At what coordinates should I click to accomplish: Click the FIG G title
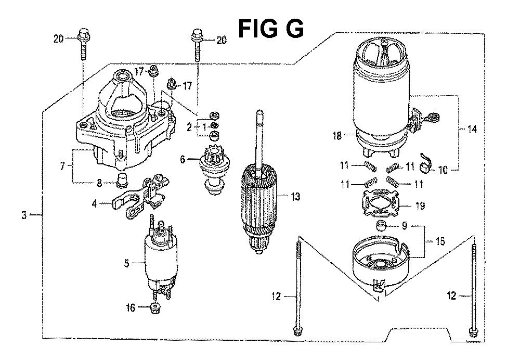(x=270, y=29)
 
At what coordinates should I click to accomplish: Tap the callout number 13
(x=295, y=197)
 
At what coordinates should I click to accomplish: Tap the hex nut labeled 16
(x=155, y=307)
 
